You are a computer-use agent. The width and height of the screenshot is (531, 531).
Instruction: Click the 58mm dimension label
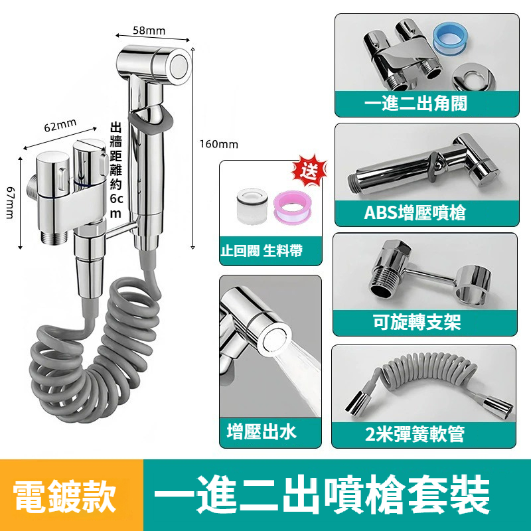pyautogui.click(x=149, y=31)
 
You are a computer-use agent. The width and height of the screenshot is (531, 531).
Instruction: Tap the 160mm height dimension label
pyautogui.click(x=219, y=144)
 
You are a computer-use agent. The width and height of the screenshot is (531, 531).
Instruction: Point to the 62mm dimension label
pyautogui.click(x=60, y=125)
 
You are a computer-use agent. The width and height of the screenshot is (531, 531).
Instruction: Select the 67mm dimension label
pyautogui.click(x=10, y=203)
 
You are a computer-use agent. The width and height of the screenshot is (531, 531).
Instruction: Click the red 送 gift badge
pyautogui.click(x=309, y=171)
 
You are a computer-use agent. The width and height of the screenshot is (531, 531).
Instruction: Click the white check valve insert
pyautogui.click(x=252, y=206)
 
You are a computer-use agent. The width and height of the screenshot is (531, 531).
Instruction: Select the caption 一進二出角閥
pyautogui.click(x=416, y=103)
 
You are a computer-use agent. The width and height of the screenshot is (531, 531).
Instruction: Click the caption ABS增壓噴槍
pyautogui.click(x=415, y=212)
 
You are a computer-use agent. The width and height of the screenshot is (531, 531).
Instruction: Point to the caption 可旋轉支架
pyautogui.click(x=417, y=322)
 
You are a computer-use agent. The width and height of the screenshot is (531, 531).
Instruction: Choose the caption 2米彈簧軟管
pyautogui.click(x=414, y=434)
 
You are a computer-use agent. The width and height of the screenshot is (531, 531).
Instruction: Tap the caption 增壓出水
pyautogui.click(x=262, y=432)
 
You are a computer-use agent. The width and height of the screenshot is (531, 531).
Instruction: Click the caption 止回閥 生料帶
pyautogui.click(x=261, y=251)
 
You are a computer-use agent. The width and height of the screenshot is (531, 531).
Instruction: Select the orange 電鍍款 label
pyautogui.click(x=64, y=496)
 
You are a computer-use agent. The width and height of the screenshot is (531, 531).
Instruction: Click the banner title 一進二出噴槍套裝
pyautogui.click(x=323, y=495)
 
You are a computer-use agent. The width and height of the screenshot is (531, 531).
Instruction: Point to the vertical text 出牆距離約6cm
pyautogui.click(x=115, y=171)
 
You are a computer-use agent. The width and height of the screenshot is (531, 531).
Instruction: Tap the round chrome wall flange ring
pyautogui.click(x=475, y=76)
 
